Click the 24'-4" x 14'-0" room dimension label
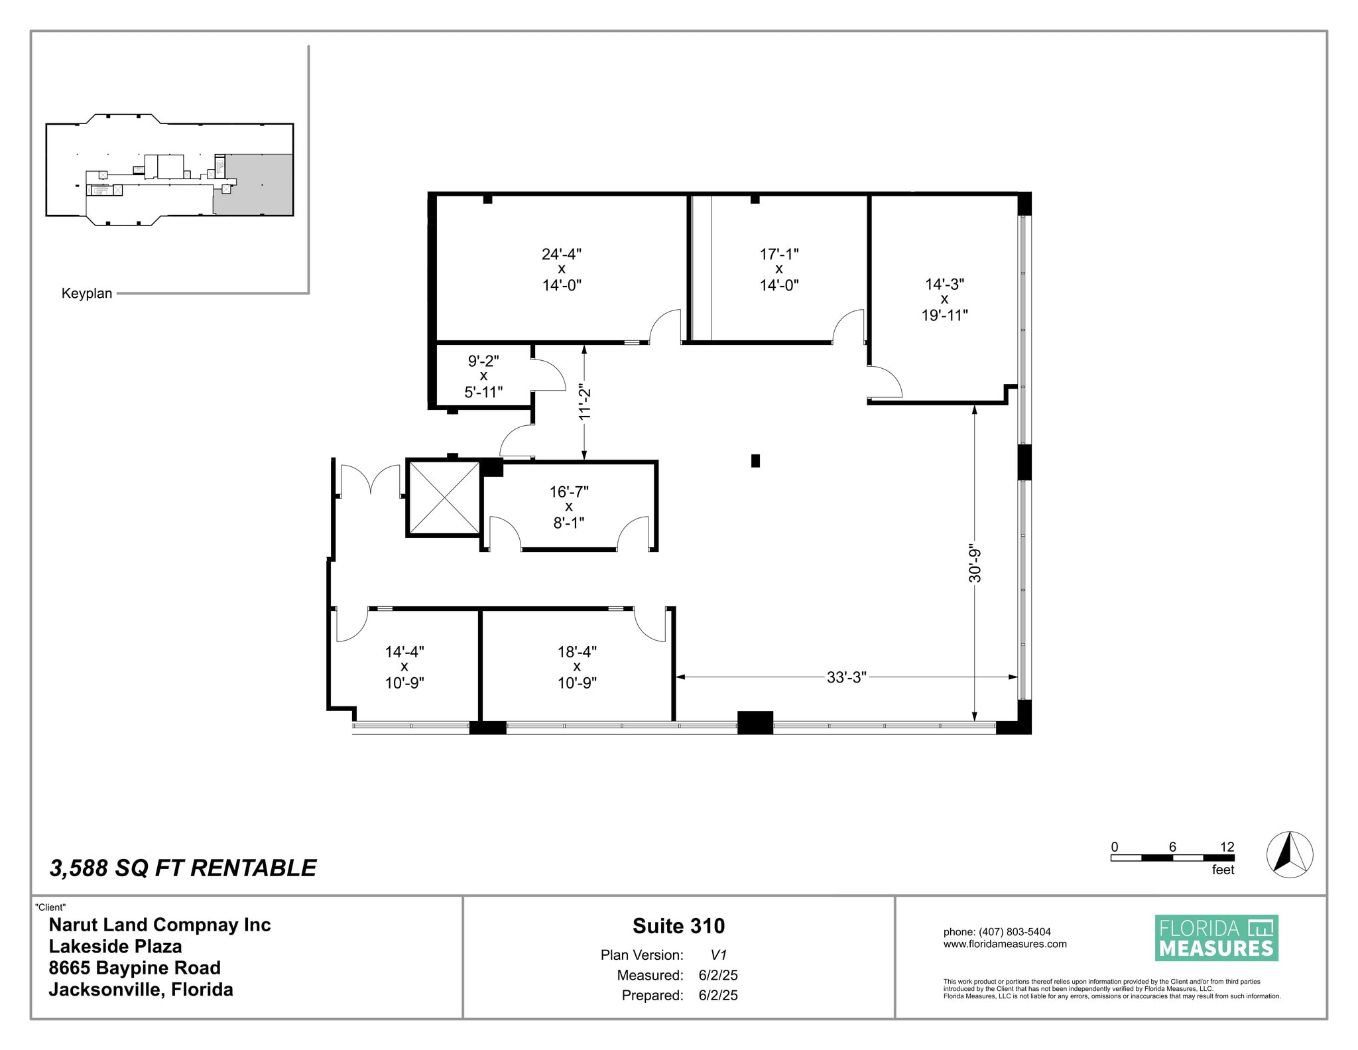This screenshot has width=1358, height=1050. [561, 269]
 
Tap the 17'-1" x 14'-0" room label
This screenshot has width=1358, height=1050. [778, 269]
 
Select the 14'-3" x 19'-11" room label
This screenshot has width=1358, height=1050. [944, 299]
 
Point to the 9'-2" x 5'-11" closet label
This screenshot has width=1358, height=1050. [483, 376]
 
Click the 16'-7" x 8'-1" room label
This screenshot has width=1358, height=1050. [568, 507]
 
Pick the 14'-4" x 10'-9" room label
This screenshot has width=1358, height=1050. [404, 667]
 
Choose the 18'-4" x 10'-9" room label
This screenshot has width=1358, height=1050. [577, 667]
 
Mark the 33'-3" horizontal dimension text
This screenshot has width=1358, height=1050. [846, 677]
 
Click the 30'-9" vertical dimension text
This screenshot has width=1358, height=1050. [974, 564]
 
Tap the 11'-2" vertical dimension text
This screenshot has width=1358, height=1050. [584, 401]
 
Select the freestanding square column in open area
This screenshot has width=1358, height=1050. [755, 460]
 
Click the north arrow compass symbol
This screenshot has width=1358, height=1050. [1289, 854]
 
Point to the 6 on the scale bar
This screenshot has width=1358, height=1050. [1172, 846]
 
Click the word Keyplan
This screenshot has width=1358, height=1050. [87, 293]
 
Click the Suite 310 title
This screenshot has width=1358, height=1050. [678, 925]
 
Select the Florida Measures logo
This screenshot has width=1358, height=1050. [1216, 938]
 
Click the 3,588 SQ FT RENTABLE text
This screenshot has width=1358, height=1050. [183, 868]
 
